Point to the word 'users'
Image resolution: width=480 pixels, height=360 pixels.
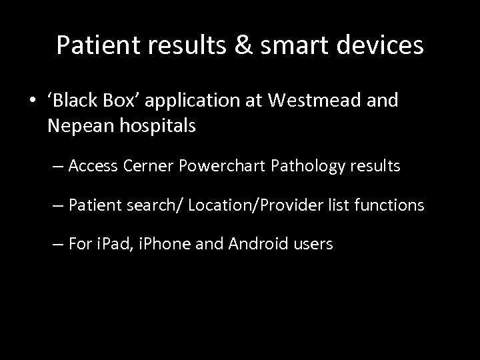pos(311,245)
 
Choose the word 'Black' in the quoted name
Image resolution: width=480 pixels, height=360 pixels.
pos(75,101)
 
